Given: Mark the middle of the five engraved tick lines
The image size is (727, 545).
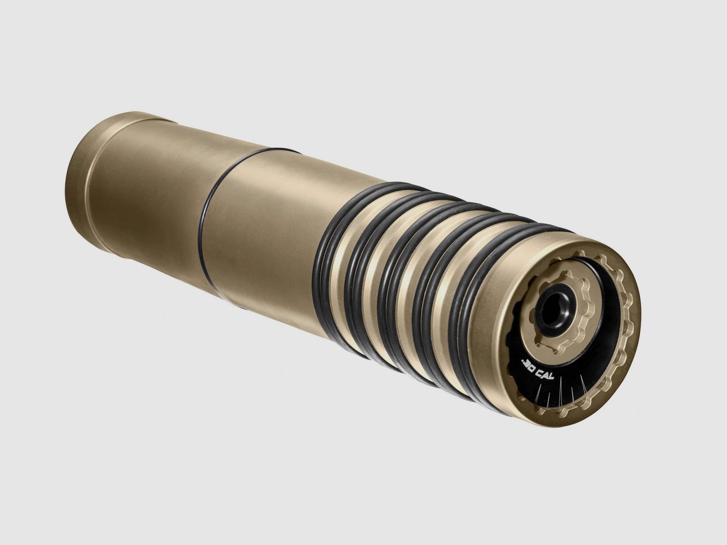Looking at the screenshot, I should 562,392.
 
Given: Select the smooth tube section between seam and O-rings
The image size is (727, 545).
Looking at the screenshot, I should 264,236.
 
